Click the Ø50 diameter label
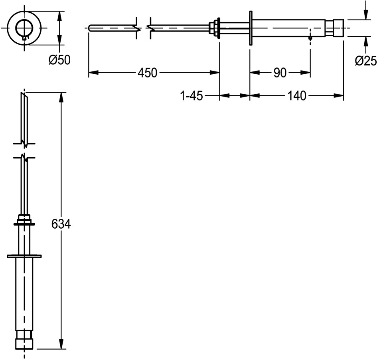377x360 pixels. [59, 60]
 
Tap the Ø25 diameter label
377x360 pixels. [366, 61]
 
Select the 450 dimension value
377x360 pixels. [147, 73]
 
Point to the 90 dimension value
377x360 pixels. [280, 73]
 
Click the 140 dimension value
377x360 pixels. [297, 96]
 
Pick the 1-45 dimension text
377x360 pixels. [191, 96]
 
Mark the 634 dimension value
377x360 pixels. [61, 224]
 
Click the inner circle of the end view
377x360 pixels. [24, 28]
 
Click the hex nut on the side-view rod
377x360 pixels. [212, 28]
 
